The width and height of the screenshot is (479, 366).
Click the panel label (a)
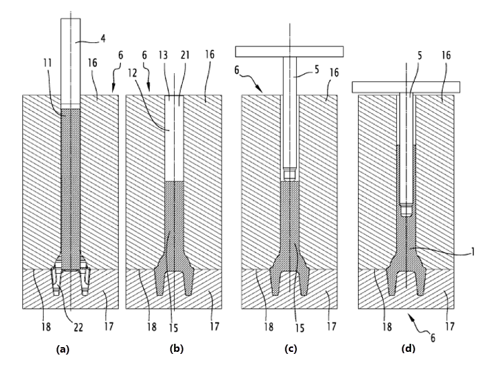(x=63, y=349)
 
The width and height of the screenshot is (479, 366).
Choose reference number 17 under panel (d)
(x=449, y=327)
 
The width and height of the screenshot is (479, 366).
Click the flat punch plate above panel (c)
(x=289, y=51)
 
